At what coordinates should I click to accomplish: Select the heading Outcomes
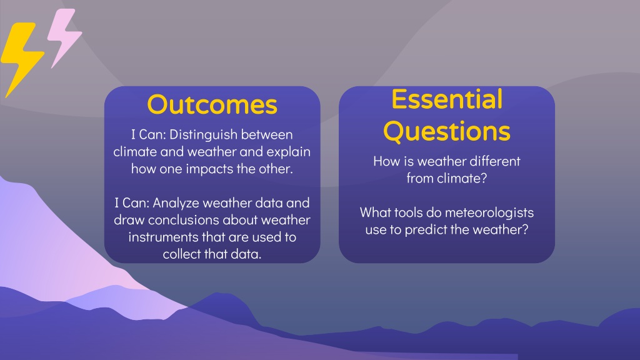[212, 104]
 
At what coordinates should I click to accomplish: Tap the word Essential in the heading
[447, 99]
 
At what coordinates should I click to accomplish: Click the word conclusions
[184, 220]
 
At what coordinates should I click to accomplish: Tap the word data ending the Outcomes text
[246, 254]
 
